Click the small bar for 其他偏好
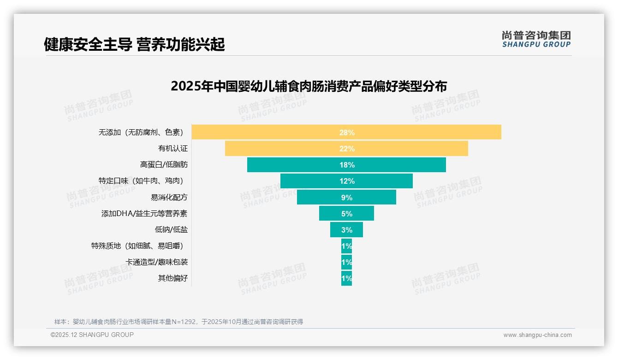click(x=346, y=278)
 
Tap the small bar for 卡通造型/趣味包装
click(x=346, y=262)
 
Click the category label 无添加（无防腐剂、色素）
click(x=141, y=132)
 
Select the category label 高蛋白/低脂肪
click(x=164, y=165)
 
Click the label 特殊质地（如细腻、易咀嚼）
click(x=140, y=246)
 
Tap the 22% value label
click(x=347, y=149)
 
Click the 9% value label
click(x=347, y=198)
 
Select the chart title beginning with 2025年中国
click(x=309, y=86)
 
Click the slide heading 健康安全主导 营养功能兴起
click(x=134, y=45)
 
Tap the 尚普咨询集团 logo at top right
click(x=536, y=39)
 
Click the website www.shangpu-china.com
click(x=537, y=335)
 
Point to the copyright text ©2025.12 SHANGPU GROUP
click(x=92, y=335)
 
